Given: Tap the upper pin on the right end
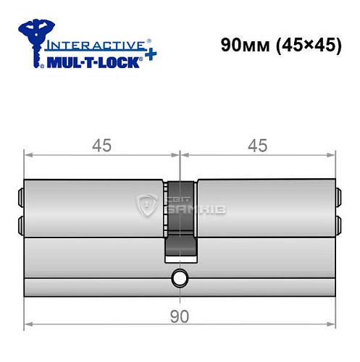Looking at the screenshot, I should tap(338, 195).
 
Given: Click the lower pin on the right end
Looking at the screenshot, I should tap(338, 222).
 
